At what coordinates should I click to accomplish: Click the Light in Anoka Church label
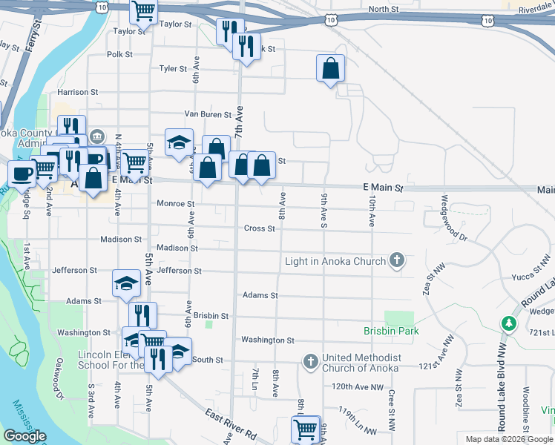pyautogui.click(x=335, y=261)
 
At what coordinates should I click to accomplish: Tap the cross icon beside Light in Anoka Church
pyautogui.click(x=398, y=260)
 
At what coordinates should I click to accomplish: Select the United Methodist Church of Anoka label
pyautogui.click(x=361, y=363)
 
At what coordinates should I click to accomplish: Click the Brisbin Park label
pyautogui.click(x=391, y=331)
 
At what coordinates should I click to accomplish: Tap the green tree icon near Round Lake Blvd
pyautogui.click(x=508, y=323)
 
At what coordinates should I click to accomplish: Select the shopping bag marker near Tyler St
pyautogui.click(x=330, y=69)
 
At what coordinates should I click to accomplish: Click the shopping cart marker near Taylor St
pyautogui.click(x=143, y=12)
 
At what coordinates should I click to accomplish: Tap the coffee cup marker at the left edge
pyautogui.click(x=22, y=173)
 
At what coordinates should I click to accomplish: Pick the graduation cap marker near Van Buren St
pyautogui.click(x=178, y=142)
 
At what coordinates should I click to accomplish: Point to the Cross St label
pyautogui.click(x=260, y=228)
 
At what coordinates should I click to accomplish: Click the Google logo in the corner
pyautogui.click(x=24, y=437)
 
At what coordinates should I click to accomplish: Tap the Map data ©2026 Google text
pyautogui.click(x=509, y=439)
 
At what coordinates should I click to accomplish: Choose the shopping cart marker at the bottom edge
pyautogui.click(x=306, y=429)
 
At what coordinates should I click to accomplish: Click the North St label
pyautogui.click(x=384, y=9)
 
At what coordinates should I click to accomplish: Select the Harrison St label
pyautogui.click(x=78, y=93)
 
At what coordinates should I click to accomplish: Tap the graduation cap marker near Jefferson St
pyautogui.click(x=126, y=283)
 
